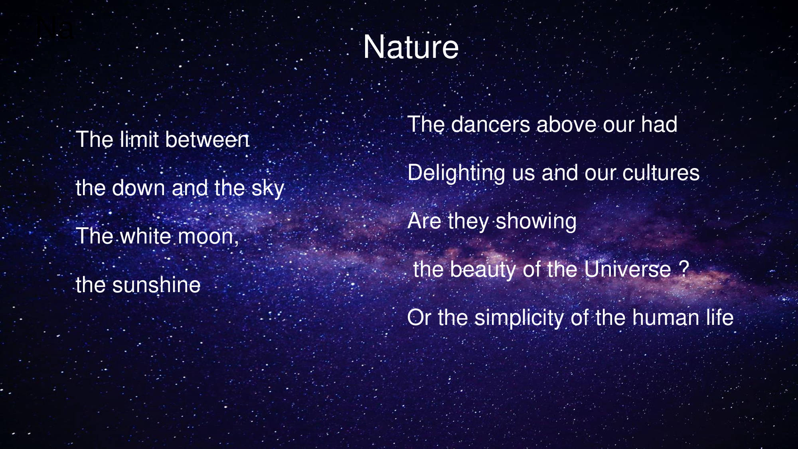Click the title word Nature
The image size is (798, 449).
(411, 47)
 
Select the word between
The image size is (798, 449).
(207, 139)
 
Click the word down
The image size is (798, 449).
(138, 188)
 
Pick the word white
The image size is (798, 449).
(146, 236)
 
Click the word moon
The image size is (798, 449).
(207, 237)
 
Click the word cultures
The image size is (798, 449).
(661, 172)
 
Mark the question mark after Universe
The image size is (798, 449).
(684, 269)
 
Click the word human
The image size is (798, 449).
(666, 318)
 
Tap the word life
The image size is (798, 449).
(720, 318)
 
